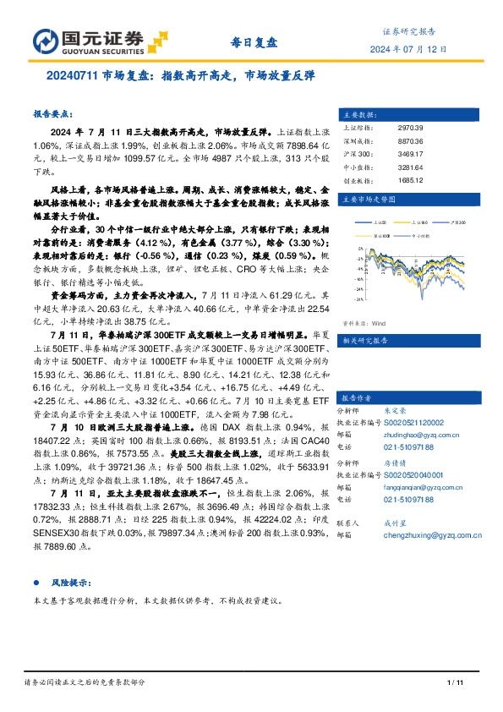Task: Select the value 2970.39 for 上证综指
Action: (409, 128)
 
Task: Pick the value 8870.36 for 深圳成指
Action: (409, 141)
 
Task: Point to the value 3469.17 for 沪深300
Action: (409, 154)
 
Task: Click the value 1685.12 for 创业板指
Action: (409, 179)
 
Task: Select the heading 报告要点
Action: (53, 113)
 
